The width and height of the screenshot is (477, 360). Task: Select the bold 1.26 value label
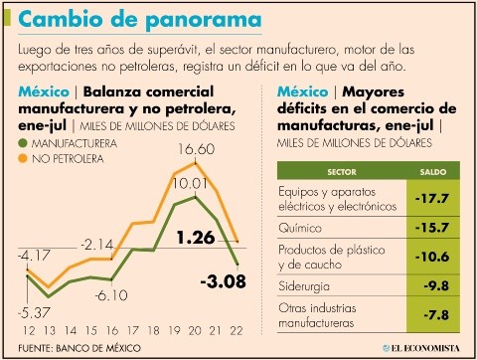[197, 238]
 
